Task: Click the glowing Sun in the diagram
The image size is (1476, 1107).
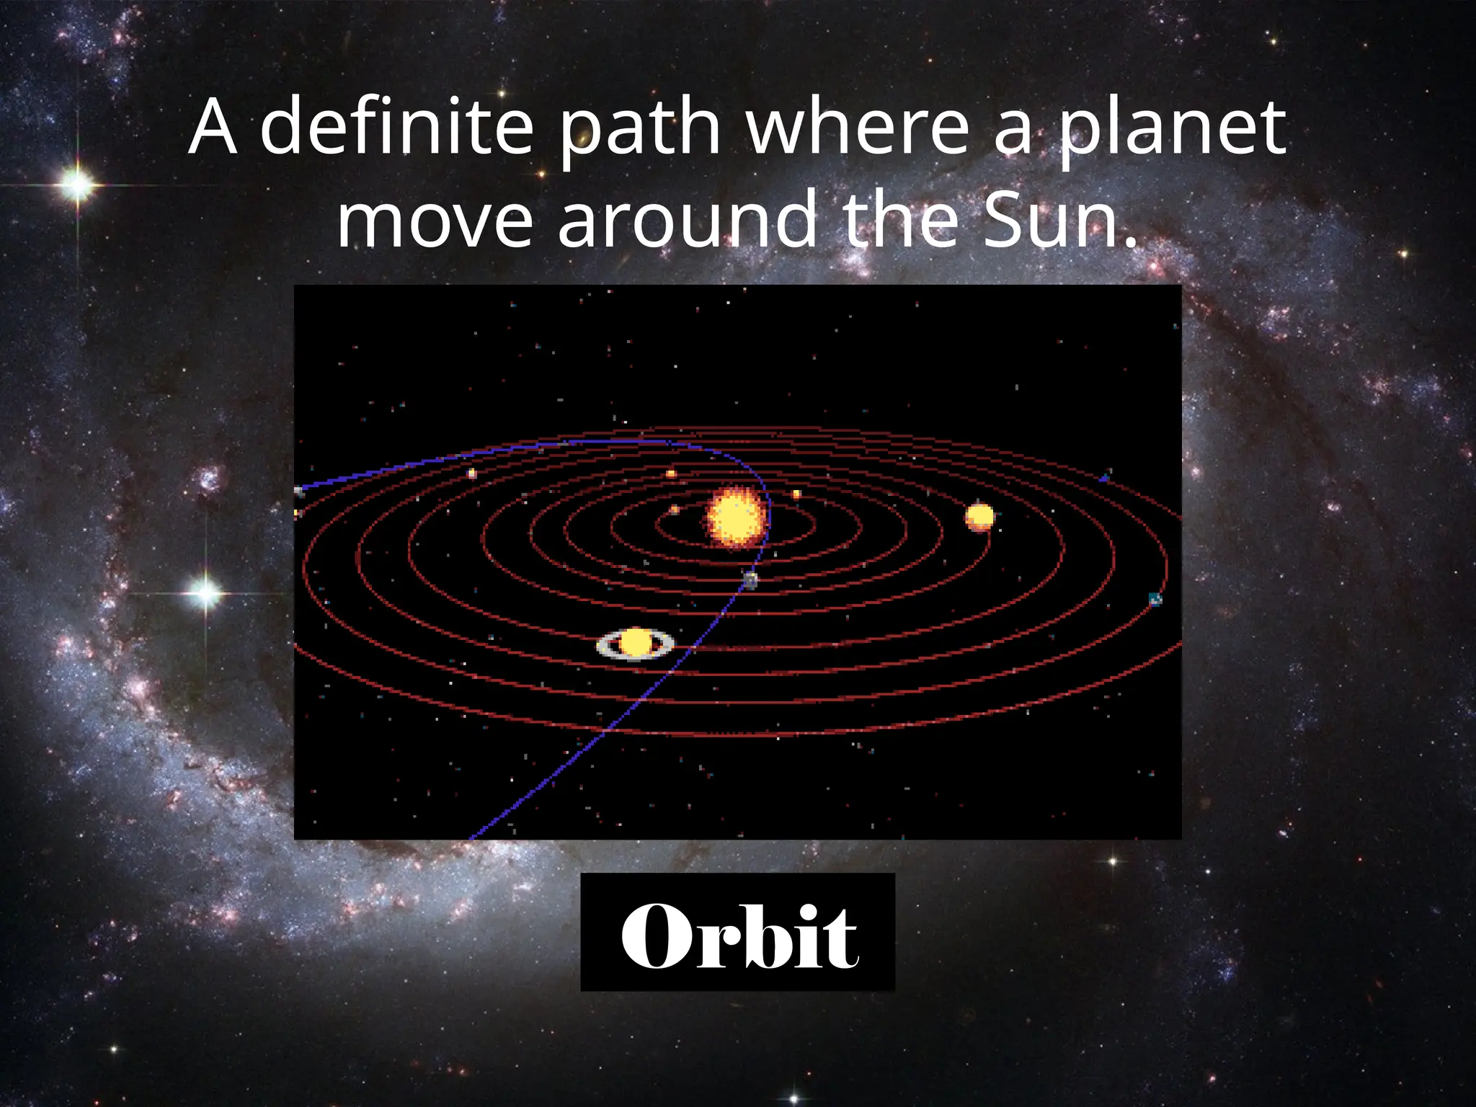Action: (x=734, y=517)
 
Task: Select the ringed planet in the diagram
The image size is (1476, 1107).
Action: (x=635, y=643)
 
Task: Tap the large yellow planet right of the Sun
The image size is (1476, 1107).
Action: (x=979, y=517)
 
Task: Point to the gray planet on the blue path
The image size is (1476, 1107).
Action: (x=750, y=580)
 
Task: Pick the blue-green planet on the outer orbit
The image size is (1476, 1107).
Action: (x=1155, y=599)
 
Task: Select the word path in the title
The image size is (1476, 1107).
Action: (x=640, y=128)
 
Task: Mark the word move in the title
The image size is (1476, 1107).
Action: (x=435, y=221)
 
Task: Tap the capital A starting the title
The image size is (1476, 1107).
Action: (x=213, y=128)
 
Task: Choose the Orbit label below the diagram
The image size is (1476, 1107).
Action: (x=738, y=932)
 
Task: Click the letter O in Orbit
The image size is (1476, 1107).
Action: (x=654, y=935)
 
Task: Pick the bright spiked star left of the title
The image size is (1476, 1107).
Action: (x=78, y=185)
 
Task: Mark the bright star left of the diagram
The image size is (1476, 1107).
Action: (x=205, y=592)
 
